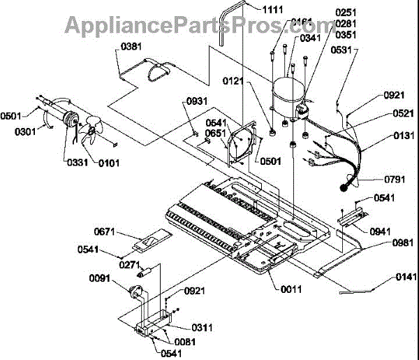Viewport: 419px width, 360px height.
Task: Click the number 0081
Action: pyautogui.click(x=186, y=340)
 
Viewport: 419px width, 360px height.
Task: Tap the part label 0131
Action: pyautogui.click(x=395, y=137)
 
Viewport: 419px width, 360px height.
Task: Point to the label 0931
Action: pyautogui.click(x=197, y=102)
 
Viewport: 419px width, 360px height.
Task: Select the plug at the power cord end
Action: pyautogui.click(x=344, y=186)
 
